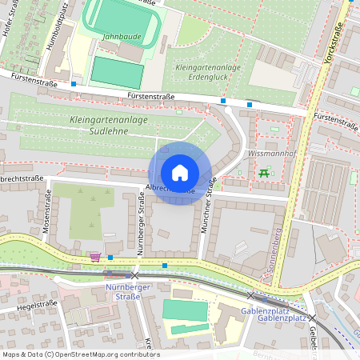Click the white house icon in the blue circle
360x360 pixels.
(180, 173)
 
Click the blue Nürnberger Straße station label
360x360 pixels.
(122, 291)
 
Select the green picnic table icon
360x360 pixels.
(263, 172)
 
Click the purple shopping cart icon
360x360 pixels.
(95, 257)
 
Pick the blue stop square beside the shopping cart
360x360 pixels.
(110, 258)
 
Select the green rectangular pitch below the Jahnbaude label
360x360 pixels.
(117, 70)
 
